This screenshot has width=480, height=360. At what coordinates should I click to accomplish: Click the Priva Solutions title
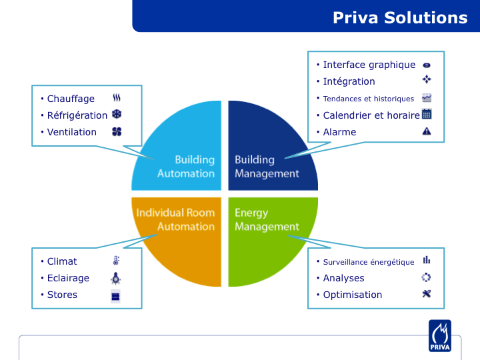coord(400,18)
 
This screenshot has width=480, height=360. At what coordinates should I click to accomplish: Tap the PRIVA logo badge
coord(440,336)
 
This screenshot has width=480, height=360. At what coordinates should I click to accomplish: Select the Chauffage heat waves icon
coord(117,97)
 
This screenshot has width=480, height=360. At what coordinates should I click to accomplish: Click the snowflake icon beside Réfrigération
coord(117,115)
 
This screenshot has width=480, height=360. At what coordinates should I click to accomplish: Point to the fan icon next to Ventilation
coord(117,131)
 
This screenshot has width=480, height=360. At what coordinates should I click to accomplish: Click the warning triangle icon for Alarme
coord(427,131)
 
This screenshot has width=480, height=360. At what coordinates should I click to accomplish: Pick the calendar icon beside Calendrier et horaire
coord(427,114)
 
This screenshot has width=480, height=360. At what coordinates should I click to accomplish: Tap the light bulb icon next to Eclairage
coord(115,278)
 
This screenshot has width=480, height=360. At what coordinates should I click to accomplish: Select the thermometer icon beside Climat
coord(116,261)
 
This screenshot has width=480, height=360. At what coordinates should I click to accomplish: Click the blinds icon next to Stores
coord(115,296)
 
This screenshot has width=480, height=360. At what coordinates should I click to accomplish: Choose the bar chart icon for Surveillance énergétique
coord(427,260)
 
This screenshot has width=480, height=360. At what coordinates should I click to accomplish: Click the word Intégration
coord(349,81)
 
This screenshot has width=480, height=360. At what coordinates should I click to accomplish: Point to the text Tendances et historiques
coord(369,99)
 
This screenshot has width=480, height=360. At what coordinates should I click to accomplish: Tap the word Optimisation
coord(353,295)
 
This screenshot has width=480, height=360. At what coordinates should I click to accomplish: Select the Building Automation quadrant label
coord(186,167)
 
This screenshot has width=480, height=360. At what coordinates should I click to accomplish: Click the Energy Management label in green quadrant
coord(267,220)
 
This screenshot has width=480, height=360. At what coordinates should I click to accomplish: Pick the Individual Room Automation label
coord(175,219)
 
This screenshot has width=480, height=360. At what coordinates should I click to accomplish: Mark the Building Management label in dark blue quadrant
coord(267,167)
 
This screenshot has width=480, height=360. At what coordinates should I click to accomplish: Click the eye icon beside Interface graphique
coord(427,65)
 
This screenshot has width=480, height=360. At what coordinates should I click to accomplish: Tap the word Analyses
coord(344,278)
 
